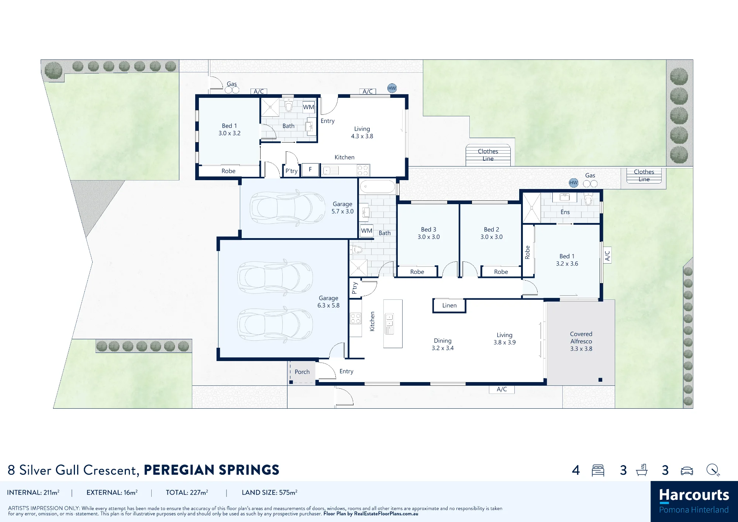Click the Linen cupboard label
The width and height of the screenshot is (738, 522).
click(449, 306)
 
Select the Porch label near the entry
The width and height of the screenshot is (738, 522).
click(302, 372)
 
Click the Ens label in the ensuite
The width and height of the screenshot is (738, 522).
click(565, 212)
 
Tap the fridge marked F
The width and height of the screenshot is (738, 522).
click(310, 170)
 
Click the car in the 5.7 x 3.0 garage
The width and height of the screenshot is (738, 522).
click(287, 207)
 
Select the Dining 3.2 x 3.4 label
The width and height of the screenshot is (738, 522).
click(443, 344)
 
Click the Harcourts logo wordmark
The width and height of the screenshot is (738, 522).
click(694, 495)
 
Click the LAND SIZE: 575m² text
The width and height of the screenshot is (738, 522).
click(270, 492)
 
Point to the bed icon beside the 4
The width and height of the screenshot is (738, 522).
click(598, 470)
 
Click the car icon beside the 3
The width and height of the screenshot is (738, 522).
click(687, 471)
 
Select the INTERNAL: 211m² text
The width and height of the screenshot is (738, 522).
click(33, 492)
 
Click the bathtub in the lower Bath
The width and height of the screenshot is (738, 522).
click(377, 187)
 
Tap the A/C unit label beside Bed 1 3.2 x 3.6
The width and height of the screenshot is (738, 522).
click(607, 255)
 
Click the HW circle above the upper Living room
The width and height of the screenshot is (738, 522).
click(392, 88)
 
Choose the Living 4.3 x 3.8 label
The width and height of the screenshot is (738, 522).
click(362, 133)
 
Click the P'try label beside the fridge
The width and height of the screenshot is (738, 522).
click(292, 171)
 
